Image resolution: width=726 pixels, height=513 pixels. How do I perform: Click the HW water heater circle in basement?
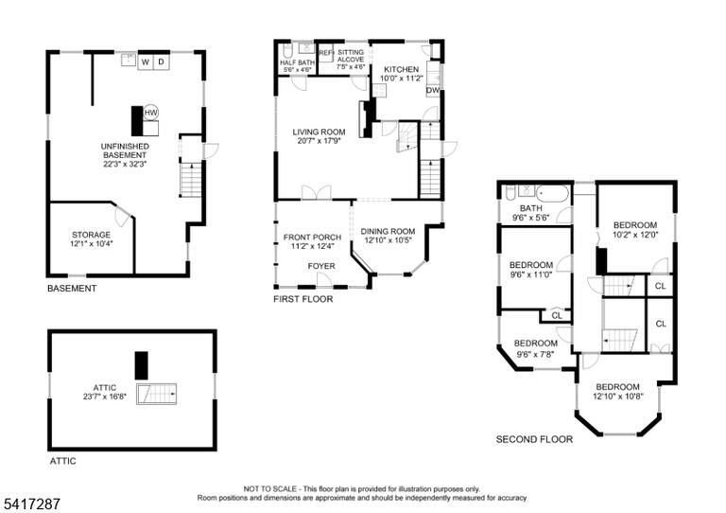[151, 112]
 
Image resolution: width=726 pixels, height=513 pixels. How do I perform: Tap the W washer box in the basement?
[146, 62]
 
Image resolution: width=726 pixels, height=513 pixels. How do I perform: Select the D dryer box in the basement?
[161, 62]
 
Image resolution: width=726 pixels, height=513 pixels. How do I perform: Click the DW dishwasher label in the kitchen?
[432, 90]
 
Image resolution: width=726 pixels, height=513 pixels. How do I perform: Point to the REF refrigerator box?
[326, 53]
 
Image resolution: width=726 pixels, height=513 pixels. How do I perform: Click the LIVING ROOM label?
[319, 133]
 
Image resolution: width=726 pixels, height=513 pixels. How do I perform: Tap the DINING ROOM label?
[388, 231]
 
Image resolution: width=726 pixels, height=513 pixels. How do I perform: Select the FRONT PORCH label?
[312, 238]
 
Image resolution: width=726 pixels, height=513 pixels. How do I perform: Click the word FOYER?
[321, 266]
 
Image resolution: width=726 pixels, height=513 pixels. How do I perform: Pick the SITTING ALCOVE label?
[351, 56]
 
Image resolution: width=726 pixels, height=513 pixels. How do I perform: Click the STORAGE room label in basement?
[91, 235]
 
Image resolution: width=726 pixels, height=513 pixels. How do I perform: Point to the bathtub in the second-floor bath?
[552, 193]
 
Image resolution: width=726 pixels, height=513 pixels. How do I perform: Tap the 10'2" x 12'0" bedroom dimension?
[635, 235]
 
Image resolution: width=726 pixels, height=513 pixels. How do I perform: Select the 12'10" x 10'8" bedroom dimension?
[617, 397]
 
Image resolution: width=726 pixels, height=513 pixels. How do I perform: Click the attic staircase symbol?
[157, 394]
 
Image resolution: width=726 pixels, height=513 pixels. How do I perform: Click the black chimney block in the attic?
[141, 365]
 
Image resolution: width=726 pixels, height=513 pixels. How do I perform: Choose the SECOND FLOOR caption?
[534, 439]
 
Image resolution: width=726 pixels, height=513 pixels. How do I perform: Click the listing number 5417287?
[31, 504]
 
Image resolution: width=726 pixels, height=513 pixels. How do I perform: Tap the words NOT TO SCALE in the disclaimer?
[270, 489]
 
